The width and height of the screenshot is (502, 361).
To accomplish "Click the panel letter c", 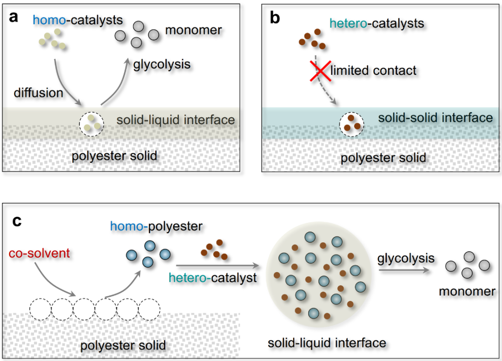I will (x=17, y=220).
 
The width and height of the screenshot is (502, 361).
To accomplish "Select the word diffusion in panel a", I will (x=38, y=93).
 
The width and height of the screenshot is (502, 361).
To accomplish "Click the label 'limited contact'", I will (x=373, y=71).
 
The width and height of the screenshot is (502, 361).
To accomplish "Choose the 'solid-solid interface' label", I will (x=435, y=117).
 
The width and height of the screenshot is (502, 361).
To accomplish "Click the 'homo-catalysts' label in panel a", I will (x=78, y=20).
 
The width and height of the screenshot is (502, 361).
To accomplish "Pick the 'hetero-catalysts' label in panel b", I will (x=376, y=23).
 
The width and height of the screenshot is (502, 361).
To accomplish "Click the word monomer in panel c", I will (x=467, y=292).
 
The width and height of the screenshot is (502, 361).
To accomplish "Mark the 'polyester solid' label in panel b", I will (x=383, y=158).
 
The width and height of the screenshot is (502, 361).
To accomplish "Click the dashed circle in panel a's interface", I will (x=92, y=124).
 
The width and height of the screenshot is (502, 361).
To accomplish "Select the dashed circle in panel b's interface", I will (x=351, y=124).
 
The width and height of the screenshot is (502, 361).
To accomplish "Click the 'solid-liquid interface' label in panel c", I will (x=327, y=343).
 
